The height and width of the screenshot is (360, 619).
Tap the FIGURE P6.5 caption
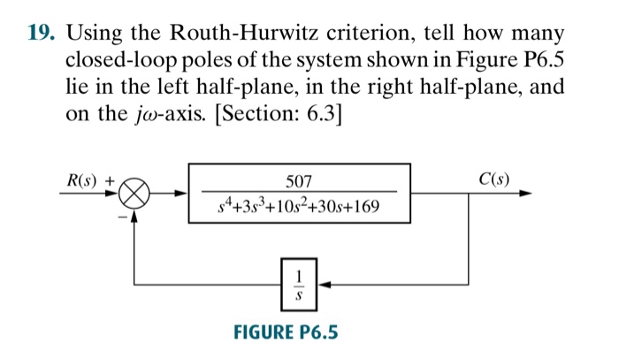tap(285, 333)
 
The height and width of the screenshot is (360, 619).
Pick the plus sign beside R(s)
tap(111, 178)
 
